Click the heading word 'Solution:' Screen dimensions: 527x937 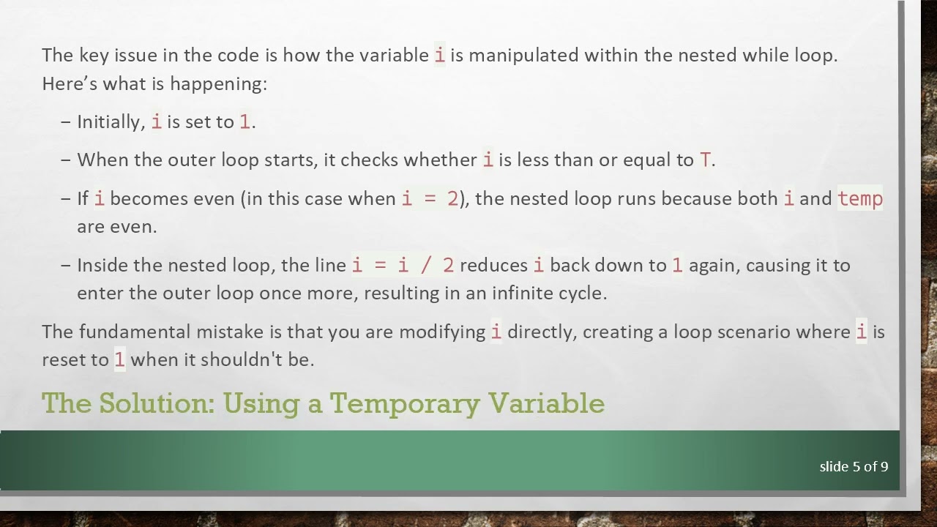click(156, 403)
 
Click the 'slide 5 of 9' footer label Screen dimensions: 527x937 click(854, 466)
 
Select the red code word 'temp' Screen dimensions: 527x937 click(860, 198)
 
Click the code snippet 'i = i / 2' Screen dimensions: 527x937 click(403, 265)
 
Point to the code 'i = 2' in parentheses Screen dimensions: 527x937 click(430, 198)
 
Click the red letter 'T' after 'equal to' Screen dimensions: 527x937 click(705, 160)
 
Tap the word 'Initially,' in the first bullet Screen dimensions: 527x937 click(111, 122)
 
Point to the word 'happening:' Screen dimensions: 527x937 click(218, 83)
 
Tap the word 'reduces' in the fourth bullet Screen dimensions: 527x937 click(493, 265)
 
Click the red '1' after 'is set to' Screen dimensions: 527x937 click(244, 122)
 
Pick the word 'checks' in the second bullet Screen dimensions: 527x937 click(369, 160)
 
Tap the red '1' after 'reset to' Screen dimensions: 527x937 click(119, 359)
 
